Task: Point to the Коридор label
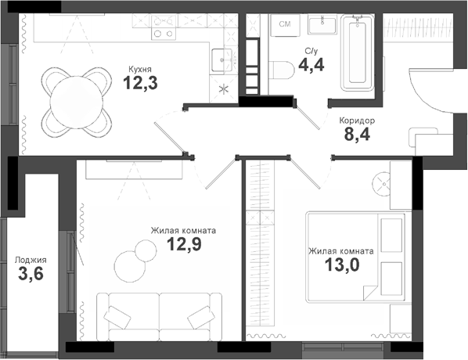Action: point(357,121)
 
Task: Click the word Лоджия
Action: point(31,260)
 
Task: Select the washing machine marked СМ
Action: point(285,25)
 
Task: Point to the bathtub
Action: point(357,52)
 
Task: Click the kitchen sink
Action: point(224,57)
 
